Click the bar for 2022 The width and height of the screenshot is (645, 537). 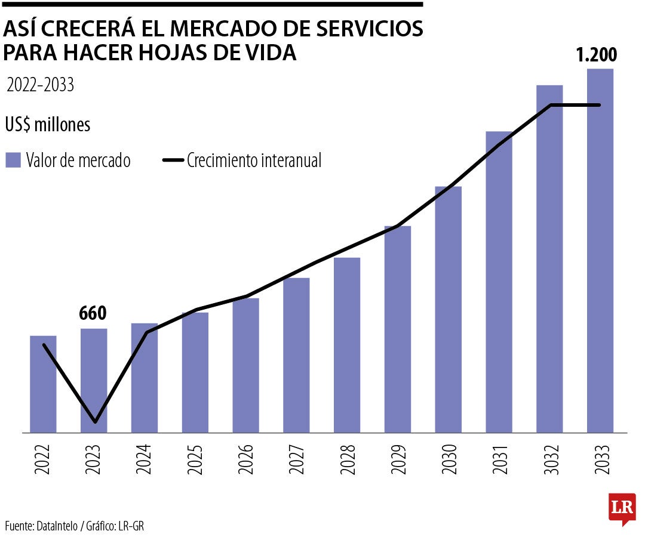click(x=43, y=384)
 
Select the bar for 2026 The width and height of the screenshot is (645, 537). click(x=245, y=365)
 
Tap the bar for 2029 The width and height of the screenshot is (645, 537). click(x=397, y=329)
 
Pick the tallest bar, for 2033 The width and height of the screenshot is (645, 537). click(x=600, y=251)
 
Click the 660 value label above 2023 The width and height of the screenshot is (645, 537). click(x=93, y=313)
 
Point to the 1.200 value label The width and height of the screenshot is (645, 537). click(x=595, y=55)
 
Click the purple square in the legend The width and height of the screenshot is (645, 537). click(x=13, y=161)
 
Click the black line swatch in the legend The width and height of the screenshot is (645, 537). click(x=173, y=161)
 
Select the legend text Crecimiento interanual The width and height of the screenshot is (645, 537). click(x=254, y=161)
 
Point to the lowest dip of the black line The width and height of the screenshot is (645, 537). click(x=95, y=422)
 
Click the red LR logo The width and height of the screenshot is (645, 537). click(x=621, y=509)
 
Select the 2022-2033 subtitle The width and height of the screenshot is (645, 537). click(x=40, y=85)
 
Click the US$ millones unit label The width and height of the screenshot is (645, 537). click(x=48, y=125)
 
